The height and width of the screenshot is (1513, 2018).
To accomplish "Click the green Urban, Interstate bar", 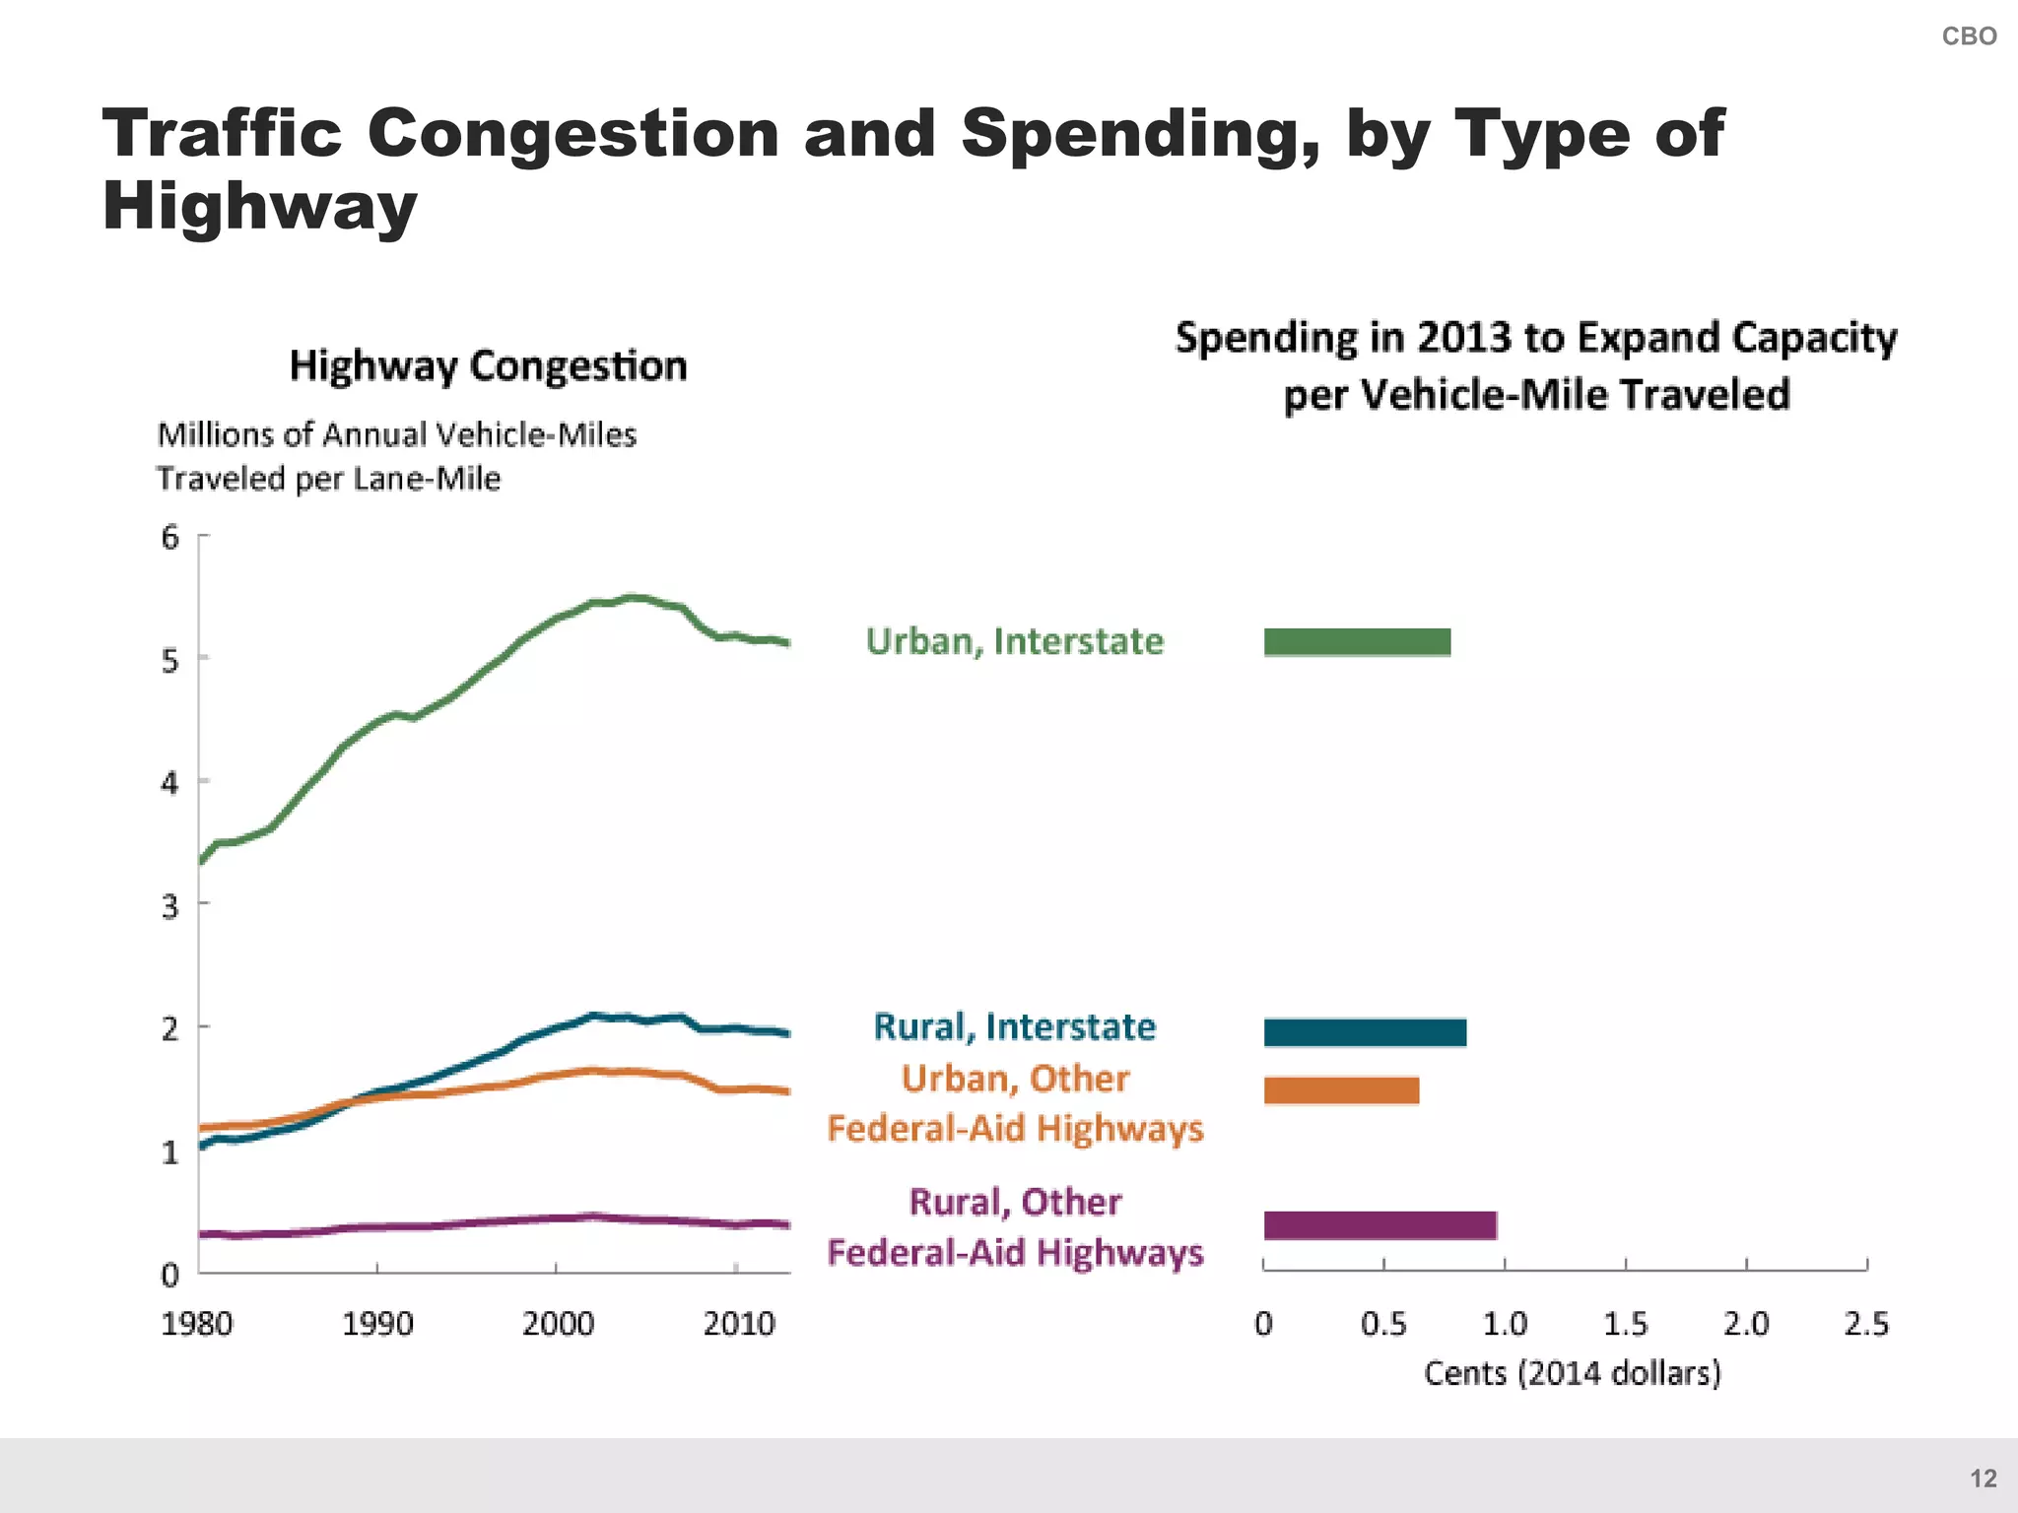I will pos(1357,642).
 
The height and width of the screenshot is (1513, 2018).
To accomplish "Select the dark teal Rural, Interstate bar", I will pos(1365,1032).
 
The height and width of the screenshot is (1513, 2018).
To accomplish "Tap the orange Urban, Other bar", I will pos(1341,1090).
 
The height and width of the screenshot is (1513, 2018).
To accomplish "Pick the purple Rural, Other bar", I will pos(1379,1225).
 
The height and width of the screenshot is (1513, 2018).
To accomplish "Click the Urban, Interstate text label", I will pos(1014,641).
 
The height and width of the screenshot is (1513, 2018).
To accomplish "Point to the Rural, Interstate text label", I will pos(1014,1026).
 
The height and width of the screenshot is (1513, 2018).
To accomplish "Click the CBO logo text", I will pos(1968,36).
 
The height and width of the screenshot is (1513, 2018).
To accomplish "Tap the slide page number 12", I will pos(1983,1478).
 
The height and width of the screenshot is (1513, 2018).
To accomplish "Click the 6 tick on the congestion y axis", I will pos(171,538).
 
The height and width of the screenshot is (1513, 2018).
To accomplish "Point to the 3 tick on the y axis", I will pos(171,906).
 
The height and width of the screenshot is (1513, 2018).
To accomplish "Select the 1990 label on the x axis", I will pos(377,1323).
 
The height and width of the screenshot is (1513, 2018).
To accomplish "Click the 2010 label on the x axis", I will pos(739,1323).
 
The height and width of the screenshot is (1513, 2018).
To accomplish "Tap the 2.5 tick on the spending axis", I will pos(1866,1323).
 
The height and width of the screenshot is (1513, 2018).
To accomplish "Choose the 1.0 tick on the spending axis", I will pos(1505,1323).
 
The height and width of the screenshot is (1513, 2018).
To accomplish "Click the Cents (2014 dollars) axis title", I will pos(1572,1372).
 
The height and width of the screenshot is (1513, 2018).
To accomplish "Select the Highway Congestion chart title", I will pos(488,366).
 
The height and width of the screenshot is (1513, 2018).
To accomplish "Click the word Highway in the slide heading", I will pos(259,206).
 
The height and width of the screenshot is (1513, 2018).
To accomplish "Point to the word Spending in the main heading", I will pos(1140,133).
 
